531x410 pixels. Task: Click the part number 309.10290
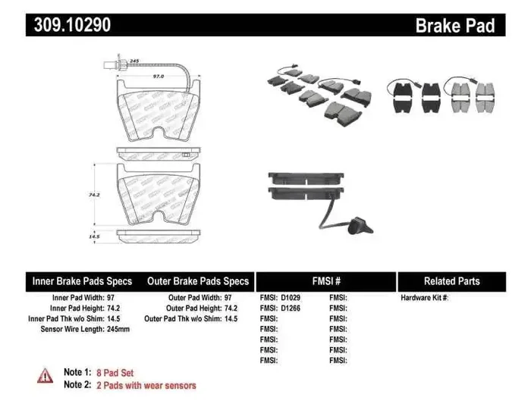tap(72, 26)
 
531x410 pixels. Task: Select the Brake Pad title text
tap(454, 26)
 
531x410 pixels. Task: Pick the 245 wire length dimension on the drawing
tap(134, 60)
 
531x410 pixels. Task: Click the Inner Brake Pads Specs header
tap(82, 281)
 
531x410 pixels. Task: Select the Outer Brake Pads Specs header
tap(197, 281)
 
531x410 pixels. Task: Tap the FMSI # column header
tap(325, 281)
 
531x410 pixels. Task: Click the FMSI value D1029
tap(291, 298)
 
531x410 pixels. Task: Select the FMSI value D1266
tap(291, 308)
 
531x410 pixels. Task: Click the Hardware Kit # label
tap(424, 298)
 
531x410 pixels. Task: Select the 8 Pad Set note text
tap(118, 372)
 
